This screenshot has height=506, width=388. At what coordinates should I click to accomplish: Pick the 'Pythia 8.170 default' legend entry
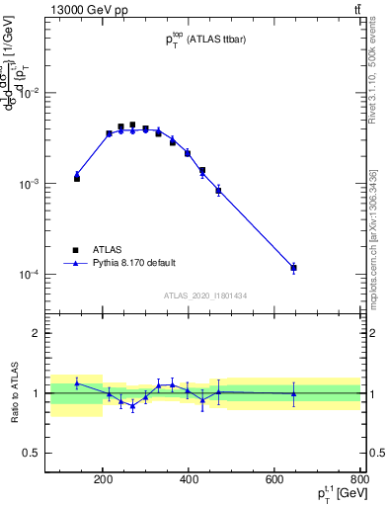tap(124, 263)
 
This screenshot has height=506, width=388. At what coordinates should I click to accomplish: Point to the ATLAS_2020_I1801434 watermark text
tap(204, 295)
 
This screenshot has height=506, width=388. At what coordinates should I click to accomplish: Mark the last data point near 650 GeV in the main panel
tap(293, 268)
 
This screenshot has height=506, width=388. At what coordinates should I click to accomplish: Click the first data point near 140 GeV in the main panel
tap(77, 177)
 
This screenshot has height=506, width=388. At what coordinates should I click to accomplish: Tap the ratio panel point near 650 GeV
tap(293, 393)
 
